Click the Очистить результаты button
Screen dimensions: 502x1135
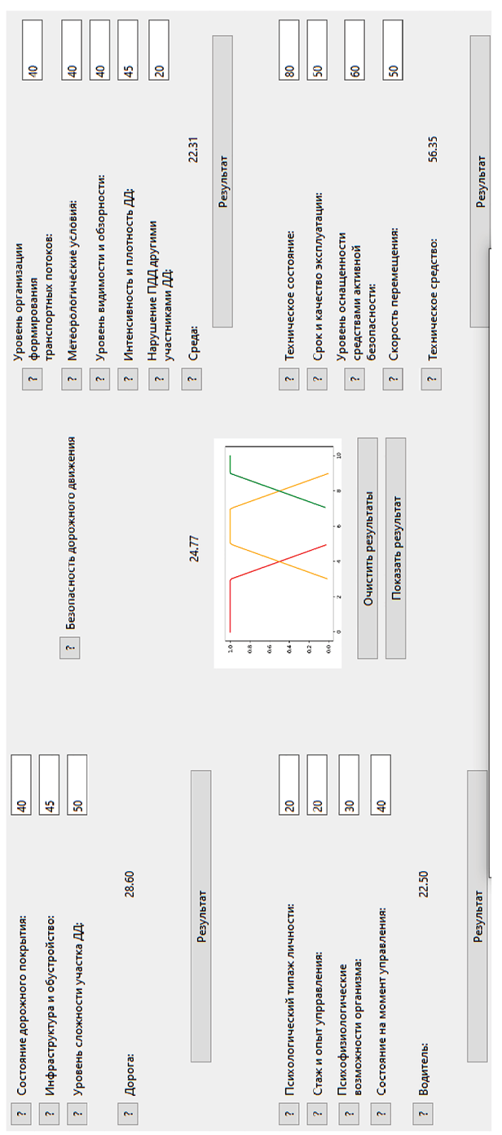[x=368, y=548]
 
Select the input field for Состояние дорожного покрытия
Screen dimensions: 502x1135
[x=21, y=785]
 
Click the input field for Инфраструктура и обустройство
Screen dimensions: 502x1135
[x=49, y=785]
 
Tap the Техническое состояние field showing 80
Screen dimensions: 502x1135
[x=288, y=51]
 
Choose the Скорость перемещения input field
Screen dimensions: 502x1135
[x=393, y=51]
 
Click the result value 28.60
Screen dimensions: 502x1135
[x=130, y=884]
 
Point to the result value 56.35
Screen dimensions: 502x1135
[x=433, y=149]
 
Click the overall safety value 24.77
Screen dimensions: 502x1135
[x=194, y=548]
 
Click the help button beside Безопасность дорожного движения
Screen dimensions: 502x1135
[x=70, y=648]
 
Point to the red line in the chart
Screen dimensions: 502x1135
[x=278, y=562]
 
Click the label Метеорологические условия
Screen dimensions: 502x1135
[x=73, y=280]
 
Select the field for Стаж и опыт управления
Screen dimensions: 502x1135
[x=317, y=785]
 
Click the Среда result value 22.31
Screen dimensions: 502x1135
[x=193, y=149]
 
